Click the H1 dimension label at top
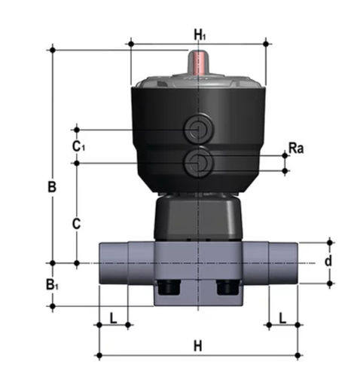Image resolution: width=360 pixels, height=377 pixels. (200, 35)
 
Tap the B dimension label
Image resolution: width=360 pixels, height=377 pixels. (52, 187)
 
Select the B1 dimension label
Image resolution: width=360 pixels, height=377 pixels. (52, 284)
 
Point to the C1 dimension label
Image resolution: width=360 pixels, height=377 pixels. (78, 146)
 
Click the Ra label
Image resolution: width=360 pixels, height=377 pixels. (296, 148)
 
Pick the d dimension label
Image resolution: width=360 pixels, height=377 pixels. (328, 261)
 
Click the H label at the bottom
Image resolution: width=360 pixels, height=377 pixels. (198, 346)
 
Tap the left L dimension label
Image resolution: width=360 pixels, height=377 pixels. (114, 318)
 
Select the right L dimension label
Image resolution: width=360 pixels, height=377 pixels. (282, 318)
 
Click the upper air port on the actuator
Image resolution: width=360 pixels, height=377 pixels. (199, 128)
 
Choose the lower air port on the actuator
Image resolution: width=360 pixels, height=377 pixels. (199, 161)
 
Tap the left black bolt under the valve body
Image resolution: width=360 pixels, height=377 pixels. (169, 287)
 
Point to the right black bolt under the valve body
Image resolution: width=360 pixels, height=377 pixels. (227, 287)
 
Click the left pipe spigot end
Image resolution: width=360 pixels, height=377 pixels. (114, 263)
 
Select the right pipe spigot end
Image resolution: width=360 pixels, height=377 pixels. (283, 263)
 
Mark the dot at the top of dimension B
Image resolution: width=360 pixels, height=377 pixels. (53, 50)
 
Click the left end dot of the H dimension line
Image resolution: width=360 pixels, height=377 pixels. (99, 355)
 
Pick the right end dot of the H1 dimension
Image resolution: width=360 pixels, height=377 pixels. (266, 44)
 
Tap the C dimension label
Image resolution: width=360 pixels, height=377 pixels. (77, 223)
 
